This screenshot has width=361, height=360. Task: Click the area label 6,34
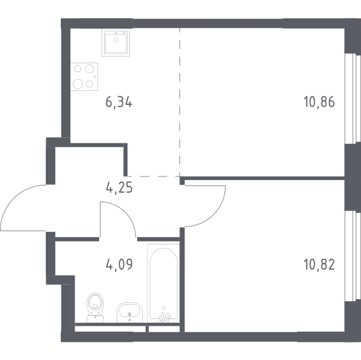pyautogui.click(x=119, y=102)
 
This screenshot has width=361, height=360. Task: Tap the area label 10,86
pyautogui.click(x=319, y=102)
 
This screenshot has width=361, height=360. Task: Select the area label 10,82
pyautogui.click(x=319, y=265)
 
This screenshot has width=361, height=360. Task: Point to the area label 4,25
pyautogui.click(x=119, y=188)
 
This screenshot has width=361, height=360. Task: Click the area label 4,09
pyautogui.click(x=119, y=264)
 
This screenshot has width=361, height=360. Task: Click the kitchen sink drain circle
pyautogui.click(x=116, y=40)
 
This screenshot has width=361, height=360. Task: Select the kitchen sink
pyautogui.click(x=116, y=42)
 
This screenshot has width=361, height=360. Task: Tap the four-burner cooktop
pyautogui.click(x=84, y=76)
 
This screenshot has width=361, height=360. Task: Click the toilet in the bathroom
pyautogui.click(x=95, y=308)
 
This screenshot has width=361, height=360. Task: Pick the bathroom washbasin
pyautogui.click(x=129, y=312)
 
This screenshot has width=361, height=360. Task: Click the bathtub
pyautogui.click(x=164, y=284)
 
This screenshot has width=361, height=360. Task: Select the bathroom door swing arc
pyautogui.click(x=125, y=212)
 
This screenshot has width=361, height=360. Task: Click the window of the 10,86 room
pyautogui.click(x=353, y=99)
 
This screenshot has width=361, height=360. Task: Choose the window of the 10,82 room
pyautogui.click(x=353, y=256)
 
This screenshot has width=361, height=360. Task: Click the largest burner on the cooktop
pyautogui.click(x=78, y=84)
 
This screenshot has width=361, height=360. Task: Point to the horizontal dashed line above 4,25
pyautogui.click(x=153, y=176)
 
